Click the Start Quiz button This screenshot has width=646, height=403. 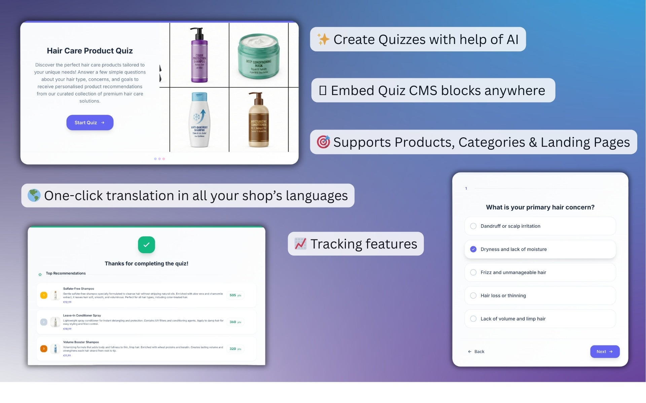[90, 123]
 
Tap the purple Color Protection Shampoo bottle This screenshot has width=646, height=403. [200, 55]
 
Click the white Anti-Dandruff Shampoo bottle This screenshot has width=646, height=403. [200, 120]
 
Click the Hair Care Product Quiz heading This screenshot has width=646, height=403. [90, 51]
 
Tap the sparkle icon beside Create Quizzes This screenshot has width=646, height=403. [323, 39]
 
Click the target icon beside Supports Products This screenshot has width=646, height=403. [323, 142]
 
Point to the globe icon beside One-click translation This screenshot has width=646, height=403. [34, 195]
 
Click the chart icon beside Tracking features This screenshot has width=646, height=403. [300, 244]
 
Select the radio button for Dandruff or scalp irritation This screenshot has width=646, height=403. [473, 226]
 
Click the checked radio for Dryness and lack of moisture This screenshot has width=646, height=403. [473, 249]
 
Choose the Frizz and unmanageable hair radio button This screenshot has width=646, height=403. [473, 272]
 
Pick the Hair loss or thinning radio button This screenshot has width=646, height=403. [473, 296]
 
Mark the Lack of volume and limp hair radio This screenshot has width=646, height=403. [473, 319]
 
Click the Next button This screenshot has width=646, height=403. [605, 352]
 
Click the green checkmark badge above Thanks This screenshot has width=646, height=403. [146, 245]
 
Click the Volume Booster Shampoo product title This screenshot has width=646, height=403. [81, 342]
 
